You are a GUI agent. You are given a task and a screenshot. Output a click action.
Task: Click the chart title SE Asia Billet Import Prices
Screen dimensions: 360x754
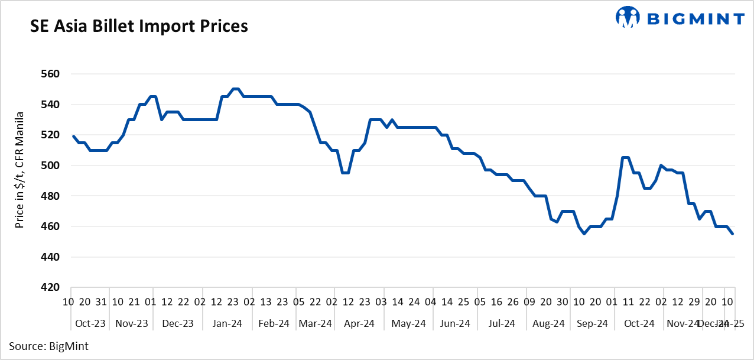pos(139,27)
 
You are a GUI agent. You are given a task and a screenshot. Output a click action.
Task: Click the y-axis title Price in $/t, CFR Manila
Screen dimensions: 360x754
pos(19,170)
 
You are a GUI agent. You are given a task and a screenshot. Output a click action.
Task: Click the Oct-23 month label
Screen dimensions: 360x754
pos(91,323)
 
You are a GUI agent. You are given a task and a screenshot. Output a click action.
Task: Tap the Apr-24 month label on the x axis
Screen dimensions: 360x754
pos(359,323)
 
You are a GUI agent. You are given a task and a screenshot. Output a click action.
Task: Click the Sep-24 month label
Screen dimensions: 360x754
pos(592,323)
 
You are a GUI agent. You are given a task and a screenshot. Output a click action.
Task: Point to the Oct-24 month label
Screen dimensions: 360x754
pos(639,323)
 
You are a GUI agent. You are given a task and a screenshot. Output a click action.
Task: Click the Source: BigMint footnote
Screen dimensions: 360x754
pos(48,346)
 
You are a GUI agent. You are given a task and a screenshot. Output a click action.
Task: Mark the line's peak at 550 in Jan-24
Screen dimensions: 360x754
pos(235,89)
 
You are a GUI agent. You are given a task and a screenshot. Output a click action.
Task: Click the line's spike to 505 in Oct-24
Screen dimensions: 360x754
pos(625,158)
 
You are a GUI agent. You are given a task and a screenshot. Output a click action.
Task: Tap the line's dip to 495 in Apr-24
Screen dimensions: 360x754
pos(346,173)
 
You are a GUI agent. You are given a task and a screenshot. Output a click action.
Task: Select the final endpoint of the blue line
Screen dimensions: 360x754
pos(733,233)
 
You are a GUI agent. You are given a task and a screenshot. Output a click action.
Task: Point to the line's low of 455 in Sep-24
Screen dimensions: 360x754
pos(584,233)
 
